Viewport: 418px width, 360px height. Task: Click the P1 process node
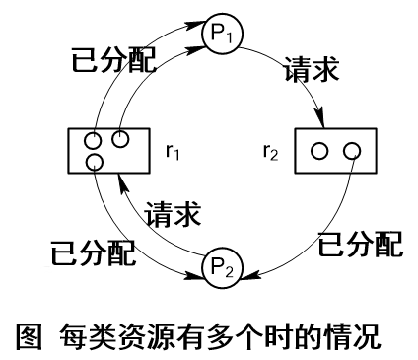(220, 32)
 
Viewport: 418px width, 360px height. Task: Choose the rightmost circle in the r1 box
(119, 139)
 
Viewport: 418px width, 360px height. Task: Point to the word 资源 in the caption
(143, 333)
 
